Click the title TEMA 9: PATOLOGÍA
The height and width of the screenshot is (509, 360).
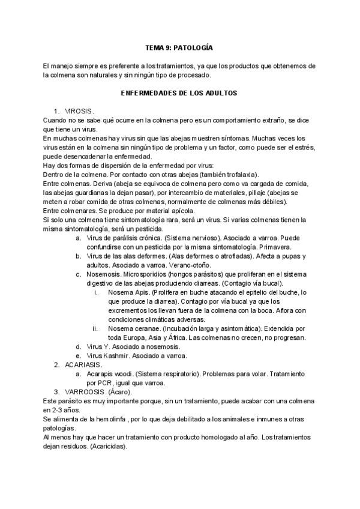[179, 46]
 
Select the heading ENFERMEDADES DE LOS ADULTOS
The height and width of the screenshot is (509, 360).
[179, 94]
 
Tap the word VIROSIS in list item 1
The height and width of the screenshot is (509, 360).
[79, 112]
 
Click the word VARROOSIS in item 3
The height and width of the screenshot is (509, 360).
[84, 392]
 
